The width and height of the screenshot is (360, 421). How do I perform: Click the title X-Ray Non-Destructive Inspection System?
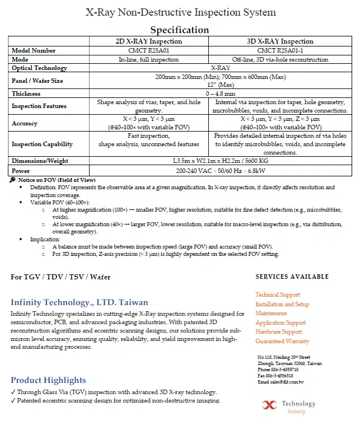point(180,12)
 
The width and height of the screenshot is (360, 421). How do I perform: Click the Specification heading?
point(180,30)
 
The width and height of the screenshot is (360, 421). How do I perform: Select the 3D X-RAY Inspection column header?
point(280,41)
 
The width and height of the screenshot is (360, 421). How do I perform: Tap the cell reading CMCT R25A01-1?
point(280,50)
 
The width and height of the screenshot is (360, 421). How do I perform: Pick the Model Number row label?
point(34,50)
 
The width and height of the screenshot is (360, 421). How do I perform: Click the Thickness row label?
point(26,93)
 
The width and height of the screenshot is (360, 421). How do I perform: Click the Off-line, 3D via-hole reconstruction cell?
point(280,59)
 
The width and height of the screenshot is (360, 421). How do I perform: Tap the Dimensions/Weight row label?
point(40,161)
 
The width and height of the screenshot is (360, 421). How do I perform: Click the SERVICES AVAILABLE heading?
point(292,277)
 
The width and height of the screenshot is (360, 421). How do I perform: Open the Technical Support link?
point(278,294)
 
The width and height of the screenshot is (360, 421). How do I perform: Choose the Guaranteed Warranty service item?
point(282,341)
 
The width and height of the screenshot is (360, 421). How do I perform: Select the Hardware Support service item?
point(279,331)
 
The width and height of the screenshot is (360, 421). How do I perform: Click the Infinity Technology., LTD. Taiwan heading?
point(80,302)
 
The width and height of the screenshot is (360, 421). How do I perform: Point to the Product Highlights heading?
point(48,380)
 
